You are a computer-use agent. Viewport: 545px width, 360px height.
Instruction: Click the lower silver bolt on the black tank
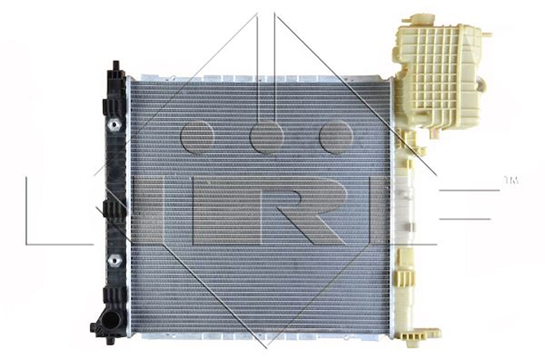[114, 261]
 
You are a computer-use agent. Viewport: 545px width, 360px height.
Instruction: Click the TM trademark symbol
[511, 180]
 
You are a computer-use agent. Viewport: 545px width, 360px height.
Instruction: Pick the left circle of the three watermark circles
[197, 137]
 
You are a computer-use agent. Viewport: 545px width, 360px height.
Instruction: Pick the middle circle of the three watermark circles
[267, 137]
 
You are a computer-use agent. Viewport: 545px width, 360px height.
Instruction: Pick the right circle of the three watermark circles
[336, 137]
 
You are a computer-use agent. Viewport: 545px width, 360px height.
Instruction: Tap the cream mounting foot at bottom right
[420, 333]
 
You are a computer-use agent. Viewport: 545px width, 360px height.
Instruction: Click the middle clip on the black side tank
[114, 210]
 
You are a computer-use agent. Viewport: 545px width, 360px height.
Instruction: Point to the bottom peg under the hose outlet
[109, 340]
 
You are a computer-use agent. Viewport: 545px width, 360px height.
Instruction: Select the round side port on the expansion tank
[481, 85]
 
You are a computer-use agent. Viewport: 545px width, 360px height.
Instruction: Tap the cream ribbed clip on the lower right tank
[405, 277]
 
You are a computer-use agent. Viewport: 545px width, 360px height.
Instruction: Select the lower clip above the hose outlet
[114, 295]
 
